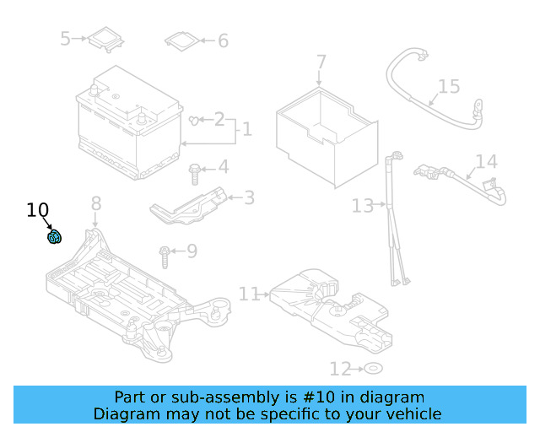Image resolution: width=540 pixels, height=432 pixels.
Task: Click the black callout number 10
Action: [x=38, y=210]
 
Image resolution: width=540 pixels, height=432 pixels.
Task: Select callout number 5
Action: [x=65, y=38]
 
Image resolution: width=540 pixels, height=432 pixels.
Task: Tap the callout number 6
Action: [x=223, y=40]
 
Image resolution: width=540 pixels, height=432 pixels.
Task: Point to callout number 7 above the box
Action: [x=321, y=62]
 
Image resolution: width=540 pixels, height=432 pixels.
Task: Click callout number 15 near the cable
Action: [x=449, y=86]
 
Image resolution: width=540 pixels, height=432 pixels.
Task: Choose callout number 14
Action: [x=486, y=162]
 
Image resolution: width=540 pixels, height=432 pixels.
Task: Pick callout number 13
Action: [x=362, y=205]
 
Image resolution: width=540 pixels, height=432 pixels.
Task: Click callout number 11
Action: [x=249, y=294]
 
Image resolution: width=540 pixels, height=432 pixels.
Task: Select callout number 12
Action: [x=339, y=369]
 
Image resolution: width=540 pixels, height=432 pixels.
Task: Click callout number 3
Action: [x=249, y=198]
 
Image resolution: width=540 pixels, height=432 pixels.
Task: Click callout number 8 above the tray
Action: [x=95, y=203]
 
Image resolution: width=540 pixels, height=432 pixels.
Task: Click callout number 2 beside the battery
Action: [x=219, y=119]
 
